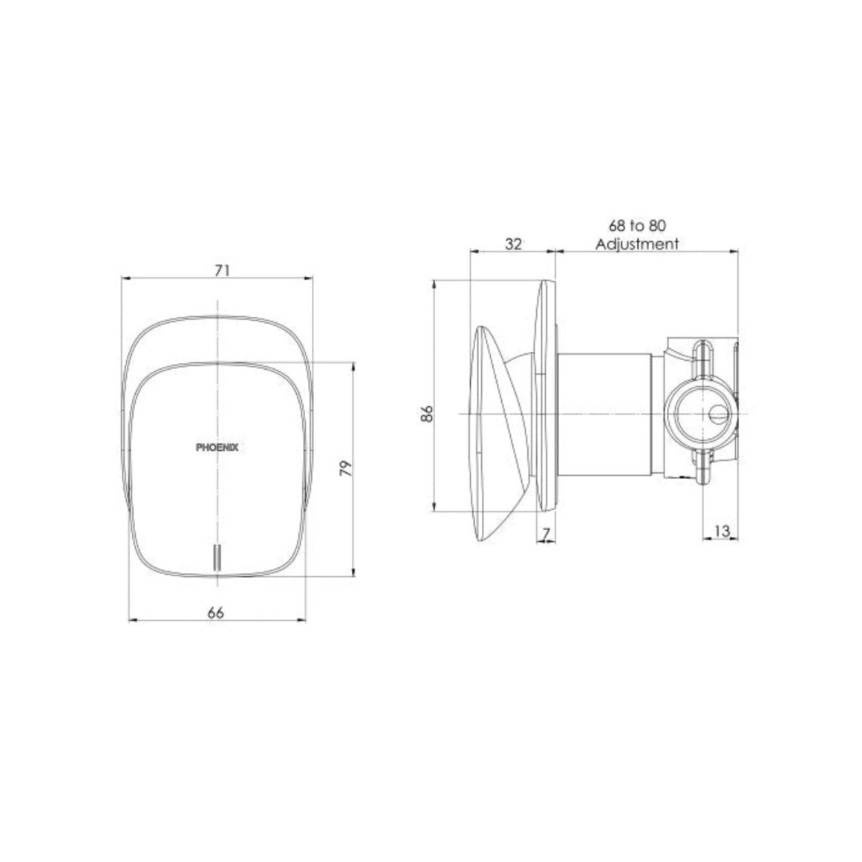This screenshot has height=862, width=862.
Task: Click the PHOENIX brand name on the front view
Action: pos(216,449)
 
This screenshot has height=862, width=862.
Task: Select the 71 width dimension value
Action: pos(222,271)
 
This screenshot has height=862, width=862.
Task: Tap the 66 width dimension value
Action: pos(215,612)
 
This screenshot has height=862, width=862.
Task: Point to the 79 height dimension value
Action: pos(345,469)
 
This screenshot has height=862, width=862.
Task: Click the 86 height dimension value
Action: pos(427,413)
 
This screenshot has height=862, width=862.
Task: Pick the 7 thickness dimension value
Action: pos(546,532)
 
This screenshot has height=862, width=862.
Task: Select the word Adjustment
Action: pos(638,244)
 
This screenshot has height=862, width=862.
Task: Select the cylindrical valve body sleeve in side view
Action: pos(605,413)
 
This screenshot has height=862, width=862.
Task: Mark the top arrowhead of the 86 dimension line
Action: pos(435,283)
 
